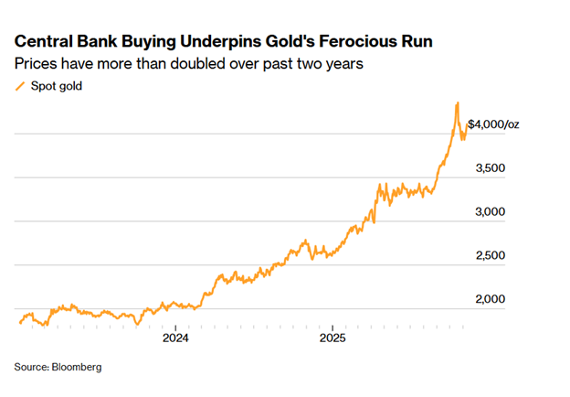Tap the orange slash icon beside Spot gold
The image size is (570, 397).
tap(19, 88)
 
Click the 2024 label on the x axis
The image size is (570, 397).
tap(175, 338)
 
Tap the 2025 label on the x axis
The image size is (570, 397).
tap(332, 338)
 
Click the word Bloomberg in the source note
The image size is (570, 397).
tap(77, 367)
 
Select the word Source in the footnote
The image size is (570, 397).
tap(30, 367)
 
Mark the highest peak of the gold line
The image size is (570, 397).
tap(457, 103)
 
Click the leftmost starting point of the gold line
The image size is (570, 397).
tap(19, 322)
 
